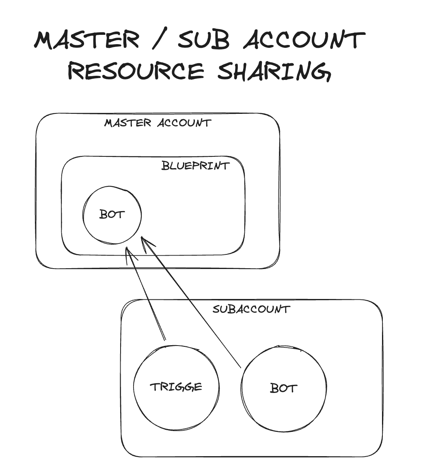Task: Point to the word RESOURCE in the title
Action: point(136,71)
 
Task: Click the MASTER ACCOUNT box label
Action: point(158,123)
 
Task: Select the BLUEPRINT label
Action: point(195,166)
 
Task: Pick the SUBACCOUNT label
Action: point(251,310)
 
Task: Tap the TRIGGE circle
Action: point(176,401)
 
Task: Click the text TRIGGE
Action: point(176,387)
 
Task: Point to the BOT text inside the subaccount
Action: point(283,388)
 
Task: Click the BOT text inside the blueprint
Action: point(112,214)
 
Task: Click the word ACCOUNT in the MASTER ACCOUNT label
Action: point(184,123)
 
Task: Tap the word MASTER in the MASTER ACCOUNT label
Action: point(127,123)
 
